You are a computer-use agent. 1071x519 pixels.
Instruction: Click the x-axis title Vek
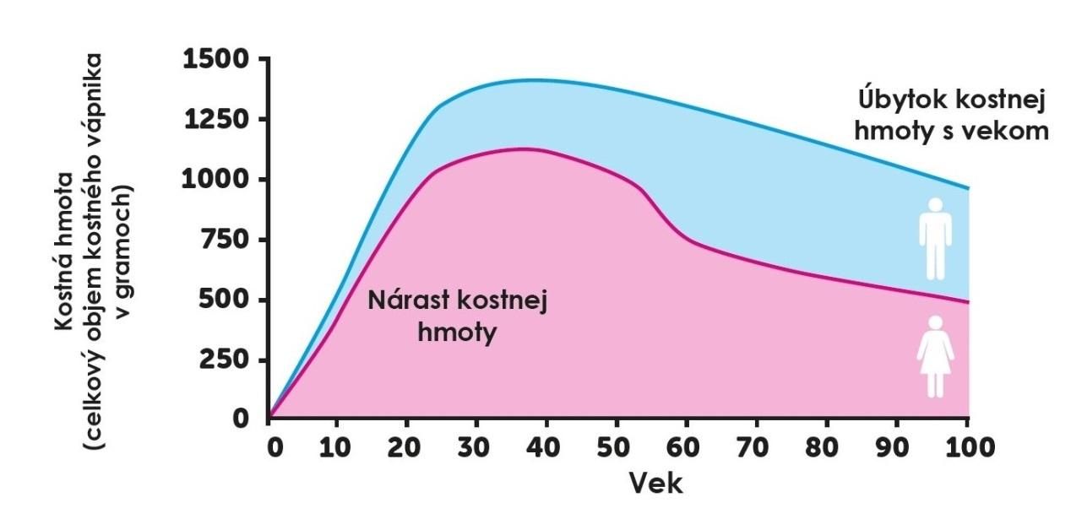[655, 484]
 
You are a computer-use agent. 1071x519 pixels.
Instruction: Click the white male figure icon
[934, 239]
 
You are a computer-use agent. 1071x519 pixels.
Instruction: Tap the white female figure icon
[934, 356]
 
